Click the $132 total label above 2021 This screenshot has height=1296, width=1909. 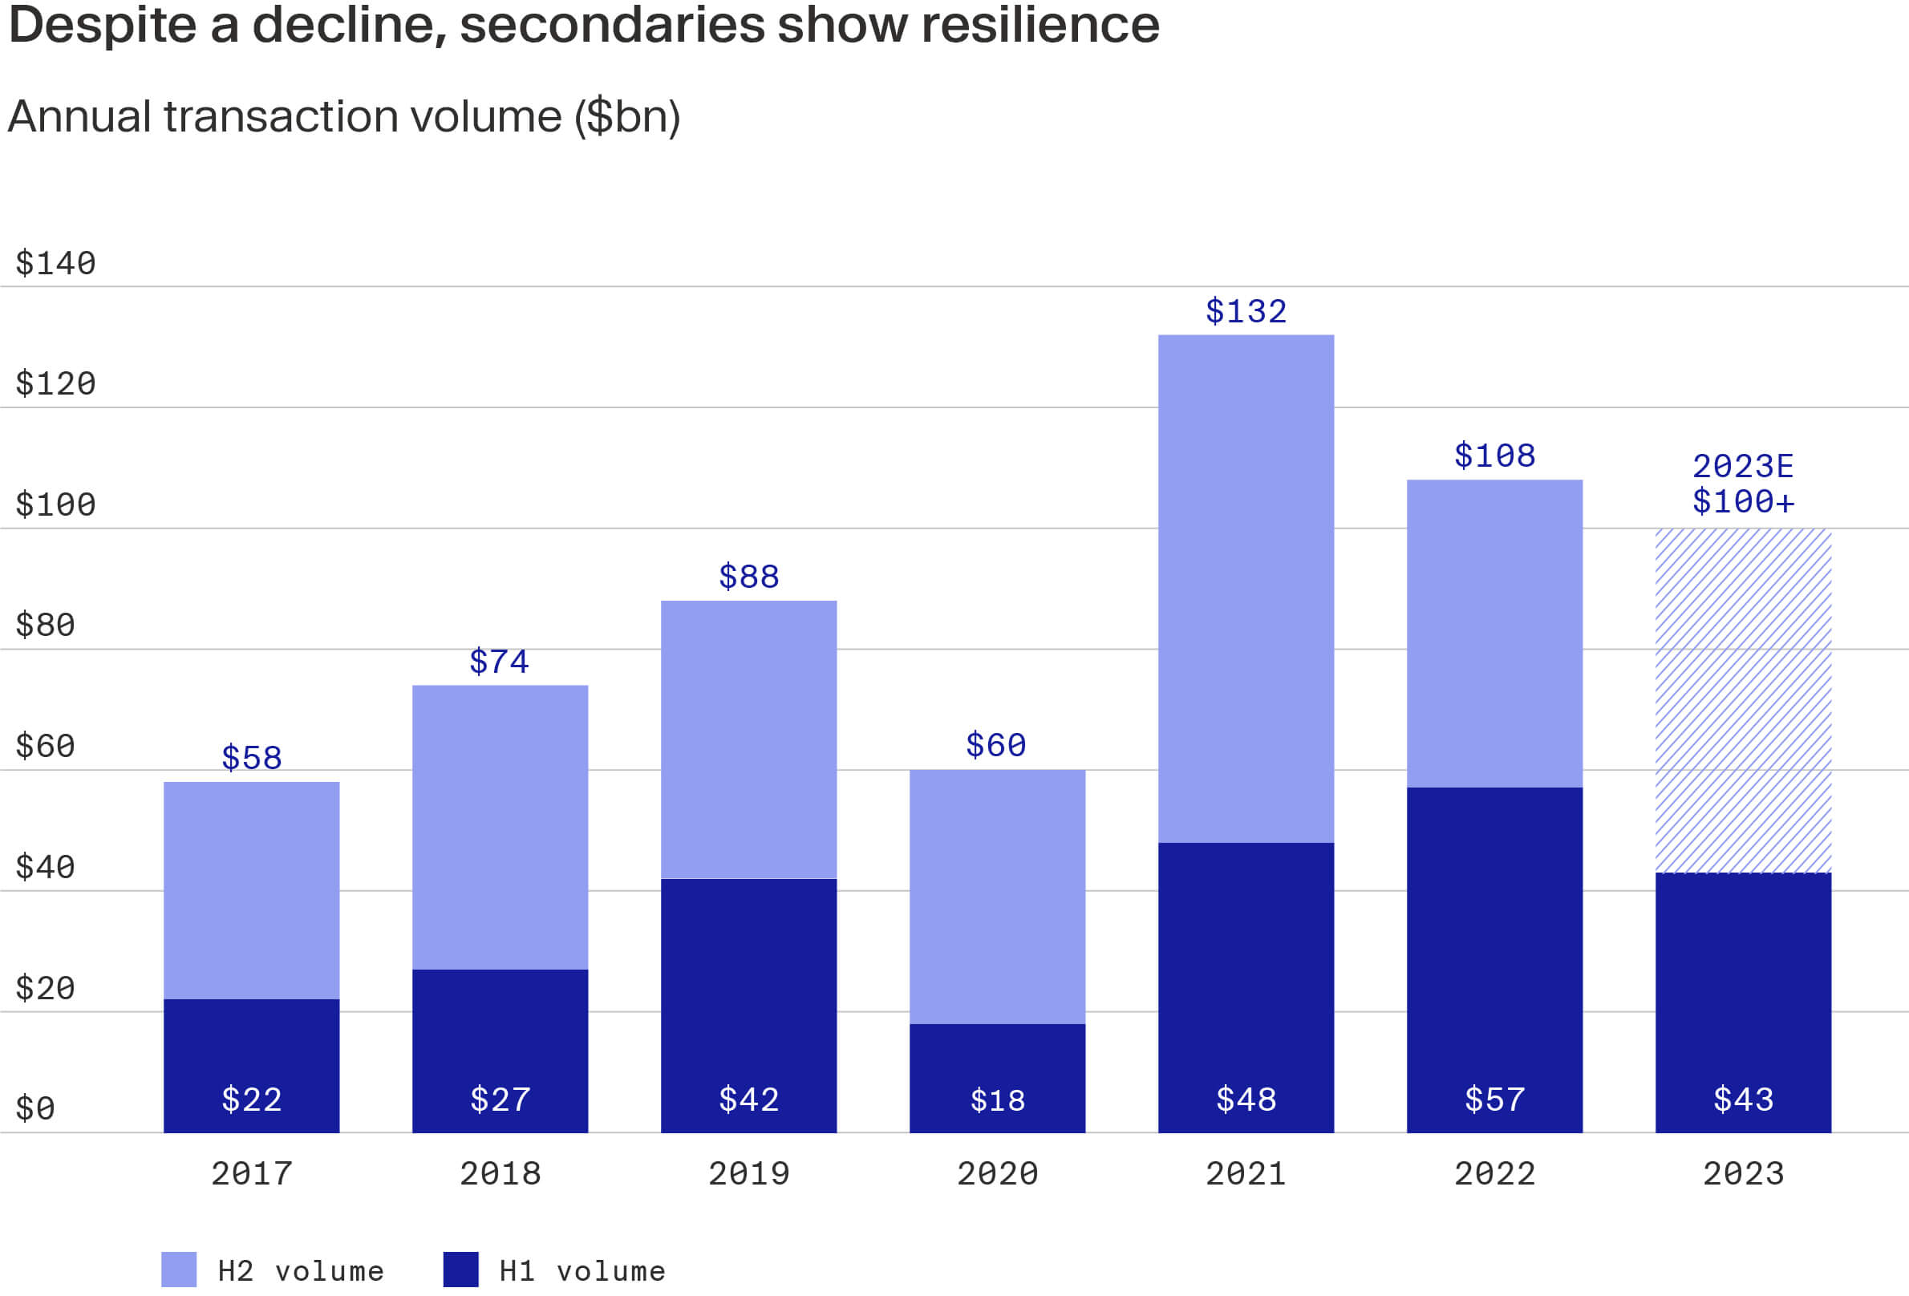(x=1246, y=312)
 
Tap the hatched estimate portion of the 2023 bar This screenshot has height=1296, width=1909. (x=1743, y=698)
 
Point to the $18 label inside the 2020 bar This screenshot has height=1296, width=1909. (x=997, y=1100)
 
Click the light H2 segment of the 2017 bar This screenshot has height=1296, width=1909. (x=251, y=891)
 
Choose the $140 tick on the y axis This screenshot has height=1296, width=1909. (x=56, y=264)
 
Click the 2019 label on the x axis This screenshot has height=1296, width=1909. (x=748, y=1173)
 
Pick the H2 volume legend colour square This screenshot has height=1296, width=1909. (x=179, y=1270)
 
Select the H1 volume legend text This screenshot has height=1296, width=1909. (x=582, y=1271)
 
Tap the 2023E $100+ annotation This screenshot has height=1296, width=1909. (x=1743, y=484)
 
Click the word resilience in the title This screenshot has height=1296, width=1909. (x=1040, y=25)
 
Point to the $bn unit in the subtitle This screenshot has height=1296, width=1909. (x=626, y=116)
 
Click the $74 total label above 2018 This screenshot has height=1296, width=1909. (x=500, y=662)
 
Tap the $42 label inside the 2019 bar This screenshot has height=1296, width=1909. (x=748, y=1100)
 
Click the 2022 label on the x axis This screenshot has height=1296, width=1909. (x=1494, y=1173)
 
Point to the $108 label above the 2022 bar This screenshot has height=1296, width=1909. (x=1494, y=456)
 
